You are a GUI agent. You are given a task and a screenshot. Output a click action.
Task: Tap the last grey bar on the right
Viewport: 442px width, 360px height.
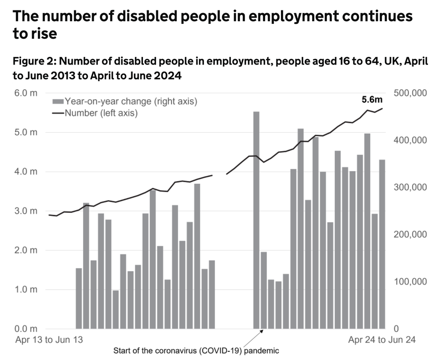tap(382, 244)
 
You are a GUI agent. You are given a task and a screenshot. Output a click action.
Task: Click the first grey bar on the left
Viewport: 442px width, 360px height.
tap(79, 298)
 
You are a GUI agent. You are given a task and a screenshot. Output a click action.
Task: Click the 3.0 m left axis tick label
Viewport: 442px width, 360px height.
tap(27, 211)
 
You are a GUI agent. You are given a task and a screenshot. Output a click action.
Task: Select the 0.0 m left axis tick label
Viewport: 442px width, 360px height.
tap(27, 328)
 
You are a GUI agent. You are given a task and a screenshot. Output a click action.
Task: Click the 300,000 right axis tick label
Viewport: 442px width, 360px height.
tap(410, 187)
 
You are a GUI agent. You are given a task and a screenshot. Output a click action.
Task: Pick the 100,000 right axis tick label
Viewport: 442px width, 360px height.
tap(410, 282)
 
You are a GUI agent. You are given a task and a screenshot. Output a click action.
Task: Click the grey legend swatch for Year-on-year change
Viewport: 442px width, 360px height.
tap(58, 102)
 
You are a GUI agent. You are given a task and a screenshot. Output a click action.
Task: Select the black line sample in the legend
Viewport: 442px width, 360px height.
tap(58, 113)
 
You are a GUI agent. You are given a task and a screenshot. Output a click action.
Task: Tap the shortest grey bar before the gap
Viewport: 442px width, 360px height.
tap(116, 309)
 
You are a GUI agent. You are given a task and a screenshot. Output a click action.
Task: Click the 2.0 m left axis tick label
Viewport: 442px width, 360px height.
tap(27, 250)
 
